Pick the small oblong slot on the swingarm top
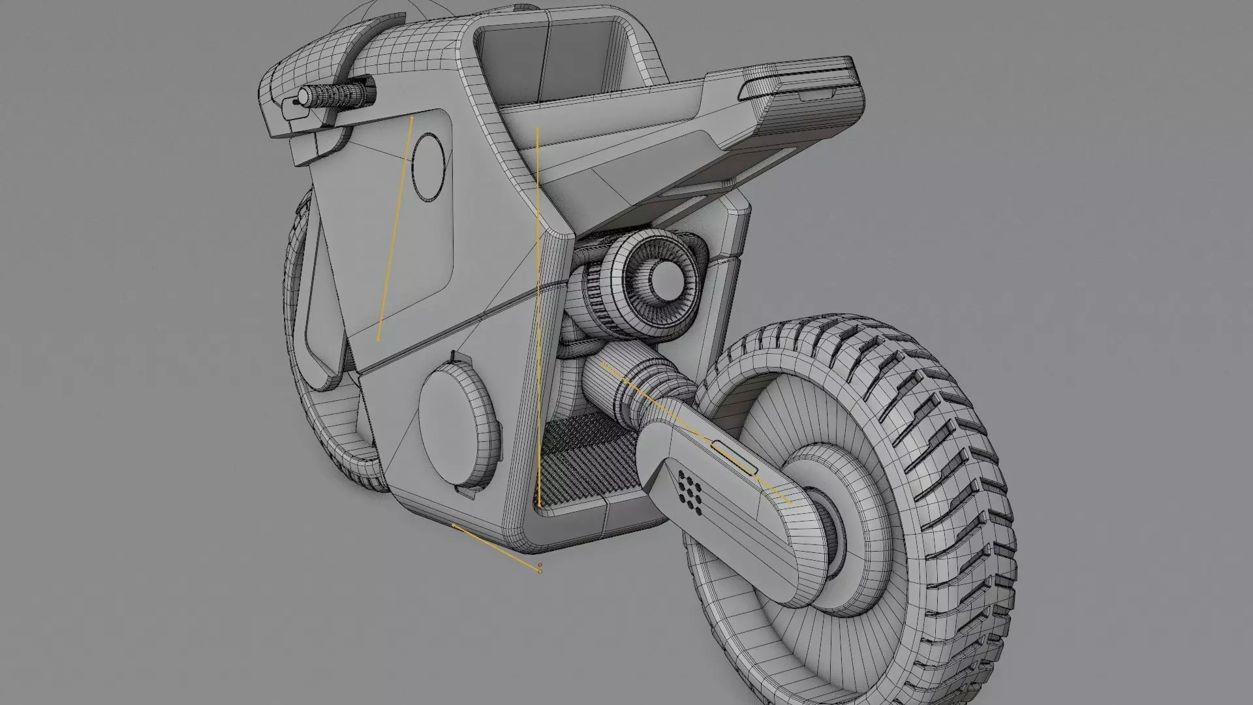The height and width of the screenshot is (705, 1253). click(x=735, y=456)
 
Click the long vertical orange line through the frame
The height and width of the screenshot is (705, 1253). click(x=538, y=313)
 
